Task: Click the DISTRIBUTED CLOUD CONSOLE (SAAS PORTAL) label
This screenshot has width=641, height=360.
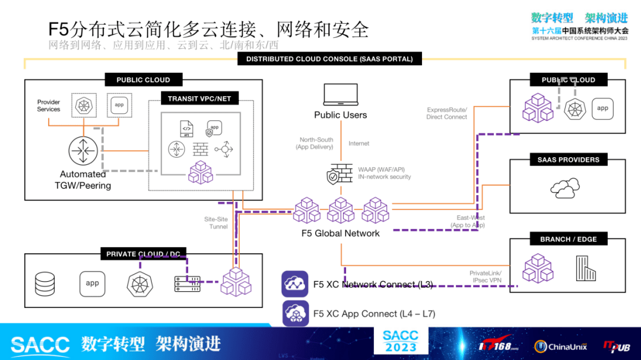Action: point(329,59)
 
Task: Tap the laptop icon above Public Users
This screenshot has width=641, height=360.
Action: point(341,95)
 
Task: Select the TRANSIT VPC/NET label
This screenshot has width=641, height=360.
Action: point(199,98)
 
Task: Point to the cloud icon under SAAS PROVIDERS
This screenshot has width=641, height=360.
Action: point(564,188)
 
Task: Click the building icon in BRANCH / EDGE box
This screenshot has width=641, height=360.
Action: point(585,268)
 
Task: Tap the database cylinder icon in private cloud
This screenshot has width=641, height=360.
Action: point(45,283)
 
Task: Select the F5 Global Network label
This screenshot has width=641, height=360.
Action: point(340,233)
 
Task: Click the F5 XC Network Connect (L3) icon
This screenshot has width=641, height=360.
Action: point(295,284)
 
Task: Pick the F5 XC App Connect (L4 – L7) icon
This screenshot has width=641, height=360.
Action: point(295,314)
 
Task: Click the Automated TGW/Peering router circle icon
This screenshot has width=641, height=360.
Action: point(82,151)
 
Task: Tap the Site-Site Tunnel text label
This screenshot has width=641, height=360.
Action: point(216,223)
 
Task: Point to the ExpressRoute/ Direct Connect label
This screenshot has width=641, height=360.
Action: point(446,113)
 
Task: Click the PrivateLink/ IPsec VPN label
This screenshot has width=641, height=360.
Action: point(485,276)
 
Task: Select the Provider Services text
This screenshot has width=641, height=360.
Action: point(49,106)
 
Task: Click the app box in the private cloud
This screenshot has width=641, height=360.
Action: point(92,283)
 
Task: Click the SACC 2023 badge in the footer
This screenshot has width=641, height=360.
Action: point(401,341)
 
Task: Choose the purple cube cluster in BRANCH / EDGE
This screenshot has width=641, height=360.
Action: point(538,268)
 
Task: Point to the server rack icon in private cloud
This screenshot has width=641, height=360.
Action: point(188,283)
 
